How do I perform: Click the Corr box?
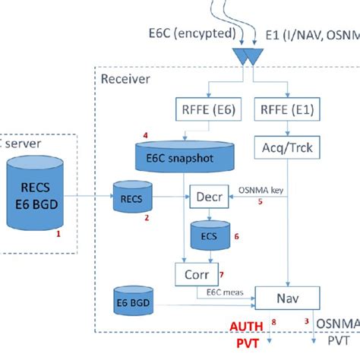tap(191, 273)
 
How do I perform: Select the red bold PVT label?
tap(246, 346)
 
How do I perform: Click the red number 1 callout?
tap(58, 236)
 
